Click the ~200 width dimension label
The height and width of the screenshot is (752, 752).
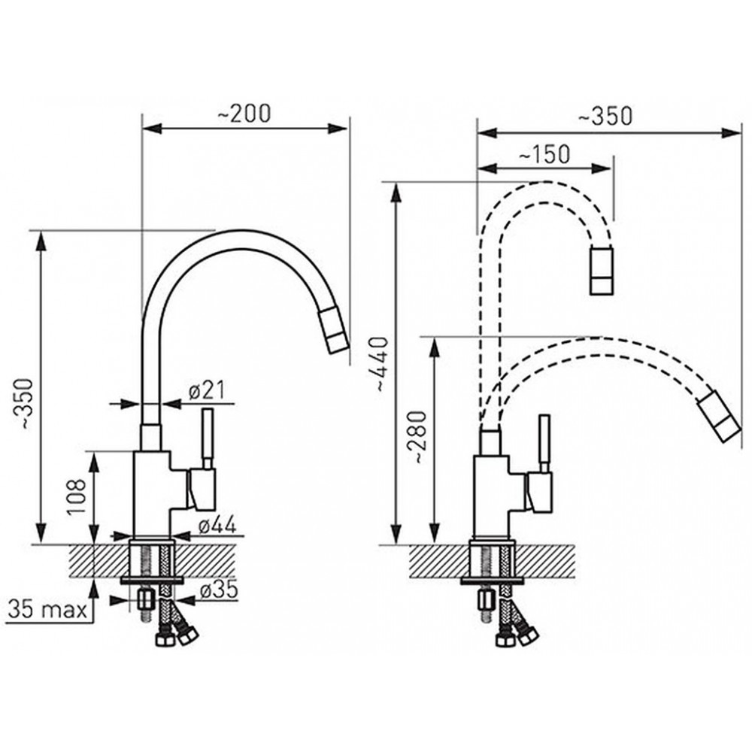(244, 114)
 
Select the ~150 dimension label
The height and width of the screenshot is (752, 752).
(544, 154)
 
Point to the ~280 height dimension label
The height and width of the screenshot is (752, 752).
(417, 437)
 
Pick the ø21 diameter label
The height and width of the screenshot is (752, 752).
(207, 391)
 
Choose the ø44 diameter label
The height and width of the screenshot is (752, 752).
(217, 526)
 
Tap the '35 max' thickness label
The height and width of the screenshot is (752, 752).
(48, 611)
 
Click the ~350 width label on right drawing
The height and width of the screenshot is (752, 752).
(605, 116)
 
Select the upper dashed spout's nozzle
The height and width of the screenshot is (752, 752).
(602, 270)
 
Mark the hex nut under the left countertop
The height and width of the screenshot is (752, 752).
(144, 599)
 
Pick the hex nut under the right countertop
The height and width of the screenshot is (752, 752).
(485, 599)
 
